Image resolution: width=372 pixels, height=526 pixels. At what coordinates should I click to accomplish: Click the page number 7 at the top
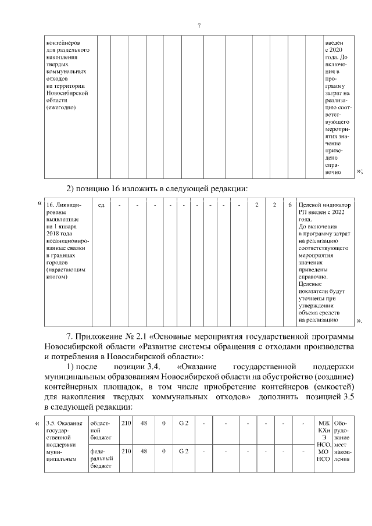coord(199,26)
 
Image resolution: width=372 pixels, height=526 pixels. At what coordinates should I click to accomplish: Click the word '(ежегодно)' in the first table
coord(61,108)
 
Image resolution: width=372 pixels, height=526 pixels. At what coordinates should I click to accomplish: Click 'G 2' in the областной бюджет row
coord(184,423)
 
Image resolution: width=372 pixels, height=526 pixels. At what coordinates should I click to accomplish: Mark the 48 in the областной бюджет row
coord(144,423)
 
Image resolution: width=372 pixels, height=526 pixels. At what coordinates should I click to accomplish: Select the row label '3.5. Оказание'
coord(65,423)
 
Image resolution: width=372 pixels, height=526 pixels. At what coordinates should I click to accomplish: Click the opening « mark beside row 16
coord(39,204)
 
